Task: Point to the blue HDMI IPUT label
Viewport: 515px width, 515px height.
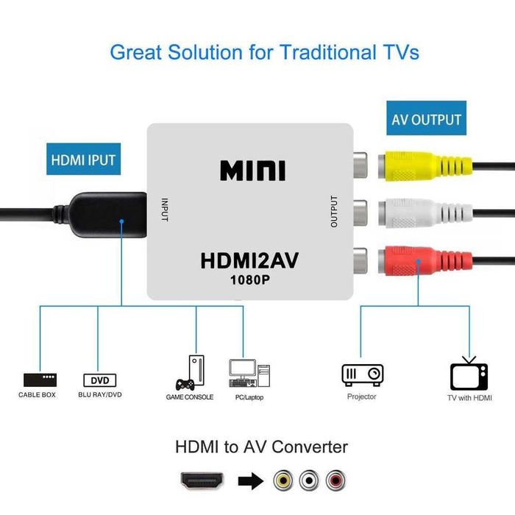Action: coord(83,159)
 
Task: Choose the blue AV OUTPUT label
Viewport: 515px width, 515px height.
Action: coord(426,120)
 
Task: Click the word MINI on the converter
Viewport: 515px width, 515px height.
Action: coord(252,170)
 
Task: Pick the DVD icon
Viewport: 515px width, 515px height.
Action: coord(99,380)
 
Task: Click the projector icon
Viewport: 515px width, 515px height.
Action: coord(362,374)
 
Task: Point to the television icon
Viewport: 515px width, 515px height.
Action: coord(469,373)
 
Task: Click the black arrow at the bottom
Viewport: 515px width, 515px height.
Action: coord(250,482)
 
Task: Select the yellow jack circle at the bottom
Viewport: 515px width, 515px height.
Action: coord(283,481)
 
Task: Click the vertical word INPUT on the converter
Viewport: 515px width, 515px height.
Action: coord(165,210)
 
